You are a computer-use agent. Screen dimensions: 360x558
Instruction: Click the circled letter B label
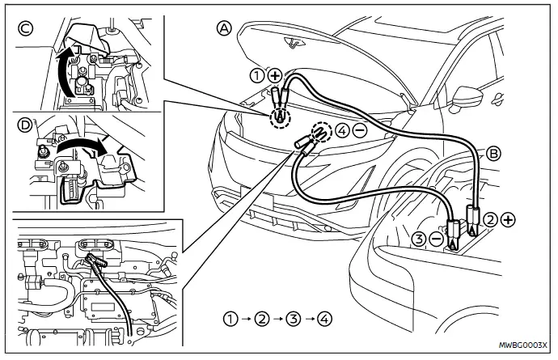click(494, 152)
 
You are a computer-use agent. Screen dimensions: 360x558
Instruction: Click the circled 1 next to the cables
click(257, 77)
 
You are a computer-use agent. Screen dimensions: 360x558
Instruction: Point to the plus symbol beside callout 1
click(274, 77)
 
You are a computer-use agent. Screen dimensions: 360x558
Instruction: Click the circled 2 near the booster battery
click(492, 218)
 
